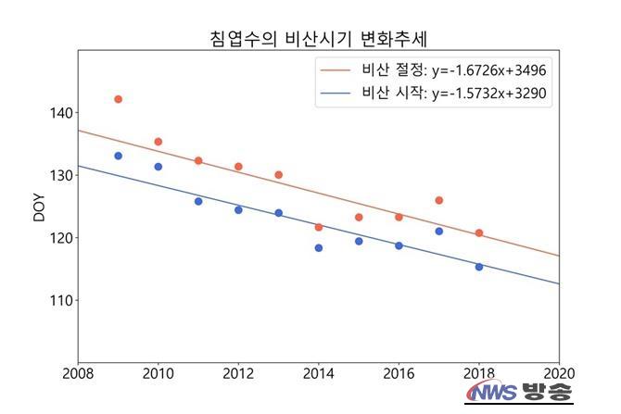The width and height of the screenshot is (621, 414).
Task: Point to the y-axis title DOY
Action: coord(38,206)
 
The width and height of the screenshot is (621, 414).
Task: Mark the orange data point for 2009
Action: coord(118,99)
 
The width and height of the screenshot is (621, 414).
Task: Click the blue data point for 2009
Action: coord(118,156)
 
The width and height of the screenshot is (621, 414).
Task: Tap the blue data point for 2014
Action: coord(319,247)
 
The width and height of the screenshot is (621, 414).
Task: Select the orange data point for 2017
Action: coord(438,200)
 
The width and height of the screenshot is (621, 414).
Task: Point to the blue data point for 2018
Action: coord(479,267)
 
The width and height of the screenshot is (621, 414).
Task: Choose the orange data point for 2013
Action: coord(278,175)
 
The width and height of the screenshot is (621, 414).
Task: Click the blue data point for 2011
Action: coord(198,201)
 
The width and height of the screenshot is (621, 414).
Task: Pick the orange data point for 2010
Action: coord(158,142)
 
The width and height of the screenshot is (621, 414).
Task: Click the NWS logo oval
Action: coord(492,394)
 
